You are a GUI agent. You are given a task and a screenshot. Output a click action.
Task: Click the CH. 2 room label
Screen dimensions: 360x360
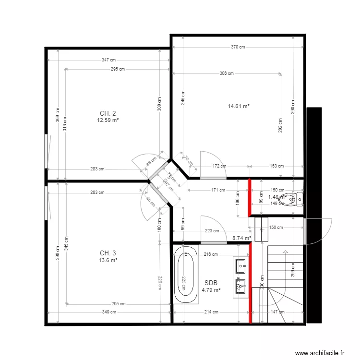click(x=108, y=113)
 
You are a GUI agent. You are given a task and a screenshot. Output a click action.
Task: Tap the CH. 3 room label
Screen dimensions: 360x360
click(x=108, y=253)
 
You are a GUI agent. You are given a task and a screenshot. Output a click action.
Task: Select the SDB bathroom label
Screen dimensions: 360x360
click(x=211, y=283)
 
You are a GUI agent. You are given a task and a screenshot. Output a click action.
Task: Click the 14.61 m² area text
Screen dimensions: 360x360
click(x=239, y=106)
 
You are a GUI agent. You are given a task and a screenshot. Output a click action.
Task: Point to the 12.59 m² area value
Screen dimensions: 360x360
click(x=108, y=120)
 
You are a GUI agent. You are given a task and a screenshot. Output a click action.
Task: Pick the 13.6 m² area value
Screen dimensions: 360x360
click(x=108, y=260)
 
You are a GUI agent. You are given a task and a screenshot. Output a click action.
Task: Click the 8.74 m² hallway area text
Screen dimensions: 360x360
click(x=242, y=238)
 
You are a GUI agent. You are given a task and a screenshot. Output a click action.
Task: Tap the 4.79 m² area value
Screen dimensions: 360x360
click(x=211, y=290)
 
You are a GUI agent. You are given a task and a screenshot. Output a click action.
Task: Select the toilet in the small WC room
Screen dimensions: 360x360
click(x=298, y=198)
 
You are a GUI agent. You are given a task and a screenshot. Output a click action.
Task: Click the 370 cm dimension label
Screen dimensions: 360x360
click(x=238, y=47)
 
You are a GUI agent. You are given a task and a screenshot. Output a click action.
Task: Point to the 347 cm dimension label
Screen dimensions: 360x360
click(x=108, y=60)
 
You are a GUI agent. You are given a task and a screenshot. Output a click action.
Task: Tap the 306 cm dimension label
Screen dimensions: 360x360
click(x=227, y=73)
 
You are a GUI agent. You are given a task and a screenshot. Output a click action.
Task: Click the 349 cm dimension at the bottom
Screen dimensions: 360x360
click(x=109, y=312)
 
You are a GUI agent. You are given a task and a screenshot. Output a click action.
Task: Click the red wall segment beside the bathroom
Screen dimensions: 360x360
click(x=250, y=283)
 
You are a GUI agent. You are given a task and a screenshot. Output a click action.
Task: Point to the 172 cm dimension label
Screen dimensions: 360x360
click(x=219, y=166)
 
